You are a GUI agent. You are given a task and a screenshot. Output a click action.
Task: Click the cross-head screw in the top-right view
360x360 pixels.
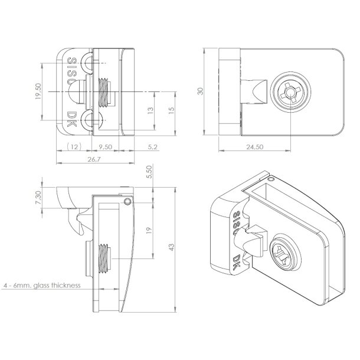click(287, 93)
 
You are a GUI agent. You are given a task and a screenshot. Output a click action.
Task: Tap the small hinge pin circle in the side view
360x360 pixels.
click(127, 202)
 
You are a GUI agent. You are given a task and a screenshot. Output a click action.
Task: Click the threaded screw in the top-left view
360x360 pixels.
click(104, 91)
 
